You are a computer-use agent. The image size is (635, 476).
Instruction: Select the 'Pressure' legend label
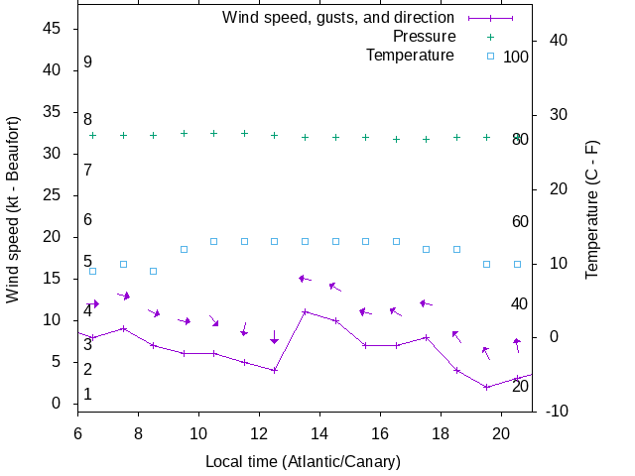pyautogui.click(x=424, y=37)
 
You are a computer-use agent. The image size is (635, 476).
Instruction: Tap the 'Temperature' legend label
pyautogui.click(x=410, y=55)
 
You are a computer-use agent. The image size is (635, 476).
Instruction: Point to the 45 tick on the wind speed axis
pyautogui.click(x=55, y=29)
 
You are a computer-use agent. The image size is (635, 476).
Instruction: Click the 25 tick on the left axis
pyautogui.click(x=55, y=195)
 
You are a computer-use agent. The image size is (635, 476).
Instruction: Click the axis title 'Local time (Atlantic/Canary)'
pyautogui.click(x=303, y=461)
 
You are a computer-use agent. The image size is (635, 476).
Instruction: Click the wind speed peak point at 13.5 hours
pyautogui.click(x=305, y=311)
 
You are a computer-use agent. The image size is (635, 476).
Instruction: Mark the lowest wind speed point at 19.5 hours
pyautogui.click(x=486, y=387)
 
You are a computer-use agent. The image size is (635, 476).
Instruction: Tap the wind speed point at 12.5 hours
pyautogui.click(x=275, y=370)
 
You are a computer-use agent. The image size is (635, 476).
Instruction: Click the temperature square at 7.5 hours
pyautogui.click(x=123, y=264)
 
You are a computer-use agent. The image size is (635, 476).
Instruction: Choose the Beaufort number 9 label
pyautogui.click(x=88, y=61)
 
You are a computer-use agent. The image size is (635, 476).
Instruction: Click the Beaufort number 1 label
pyautogui.click(x=88, y=394)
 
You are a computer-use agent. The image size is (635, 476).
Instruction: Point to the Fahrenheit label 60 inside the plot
pyautogui.click(x=520, y=221)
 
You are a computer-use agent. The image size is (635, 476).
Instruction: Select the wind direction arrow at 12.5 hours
pyautogui.click(x=275, y=337)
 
